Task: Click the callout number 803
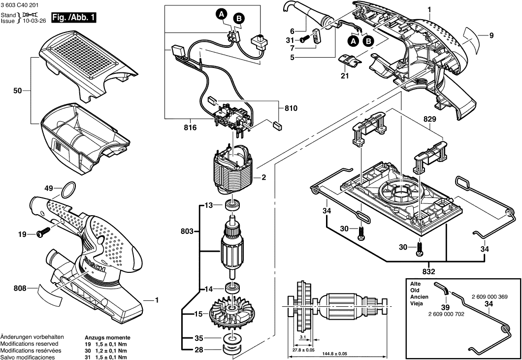[x=187, y=230]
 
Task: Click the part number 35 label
[x=198, y=338]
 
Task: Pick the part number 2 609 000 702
[x=446, y=314]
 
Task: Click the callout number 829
[x=429, y=119]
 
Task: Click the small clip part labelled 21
[x=351, y=62]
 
